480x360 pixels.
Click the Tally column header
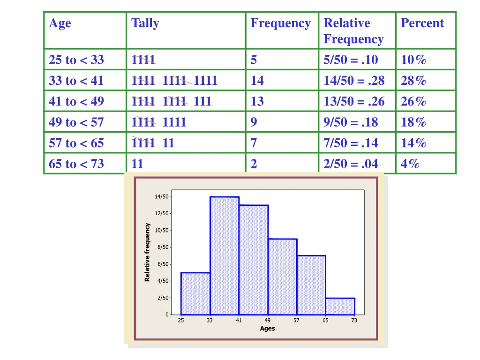pos(145,23)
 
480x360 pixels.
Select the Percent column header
pos(422,23)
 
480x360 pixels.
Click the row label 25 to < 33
pos(76,60)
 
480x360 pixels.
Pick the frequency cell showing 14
pos(257,81)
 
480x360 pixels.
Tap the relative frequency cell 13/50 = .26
pos(354,101)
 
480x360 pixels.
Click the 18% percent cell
pos(413,122)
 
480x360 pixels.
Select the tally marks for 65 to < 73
pos(138,164)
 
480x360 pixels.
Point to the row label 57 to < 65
pos(76,143)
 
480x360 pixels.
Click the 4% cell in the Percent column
pos(410,164)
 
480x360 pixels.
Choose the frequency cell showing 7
pos(254,143)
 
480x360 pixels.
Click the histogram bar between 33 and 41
pos(225,255)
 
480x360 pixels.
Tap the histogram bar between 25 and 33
pos(195,293)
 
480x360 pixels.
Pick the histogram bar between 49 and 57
pos(283,277)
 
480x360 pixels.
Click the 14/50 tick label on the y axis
pos(161,197)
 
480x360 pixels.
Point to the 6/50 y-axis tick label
pos(162,264)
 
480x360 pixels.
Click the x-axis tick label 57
pos(296,321)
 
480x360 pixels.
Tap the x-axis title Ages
pos(267,329)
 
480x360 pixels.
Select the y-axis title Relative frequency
pos(147,252)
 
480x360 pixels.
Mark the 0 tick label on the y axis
pos(166,315)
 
